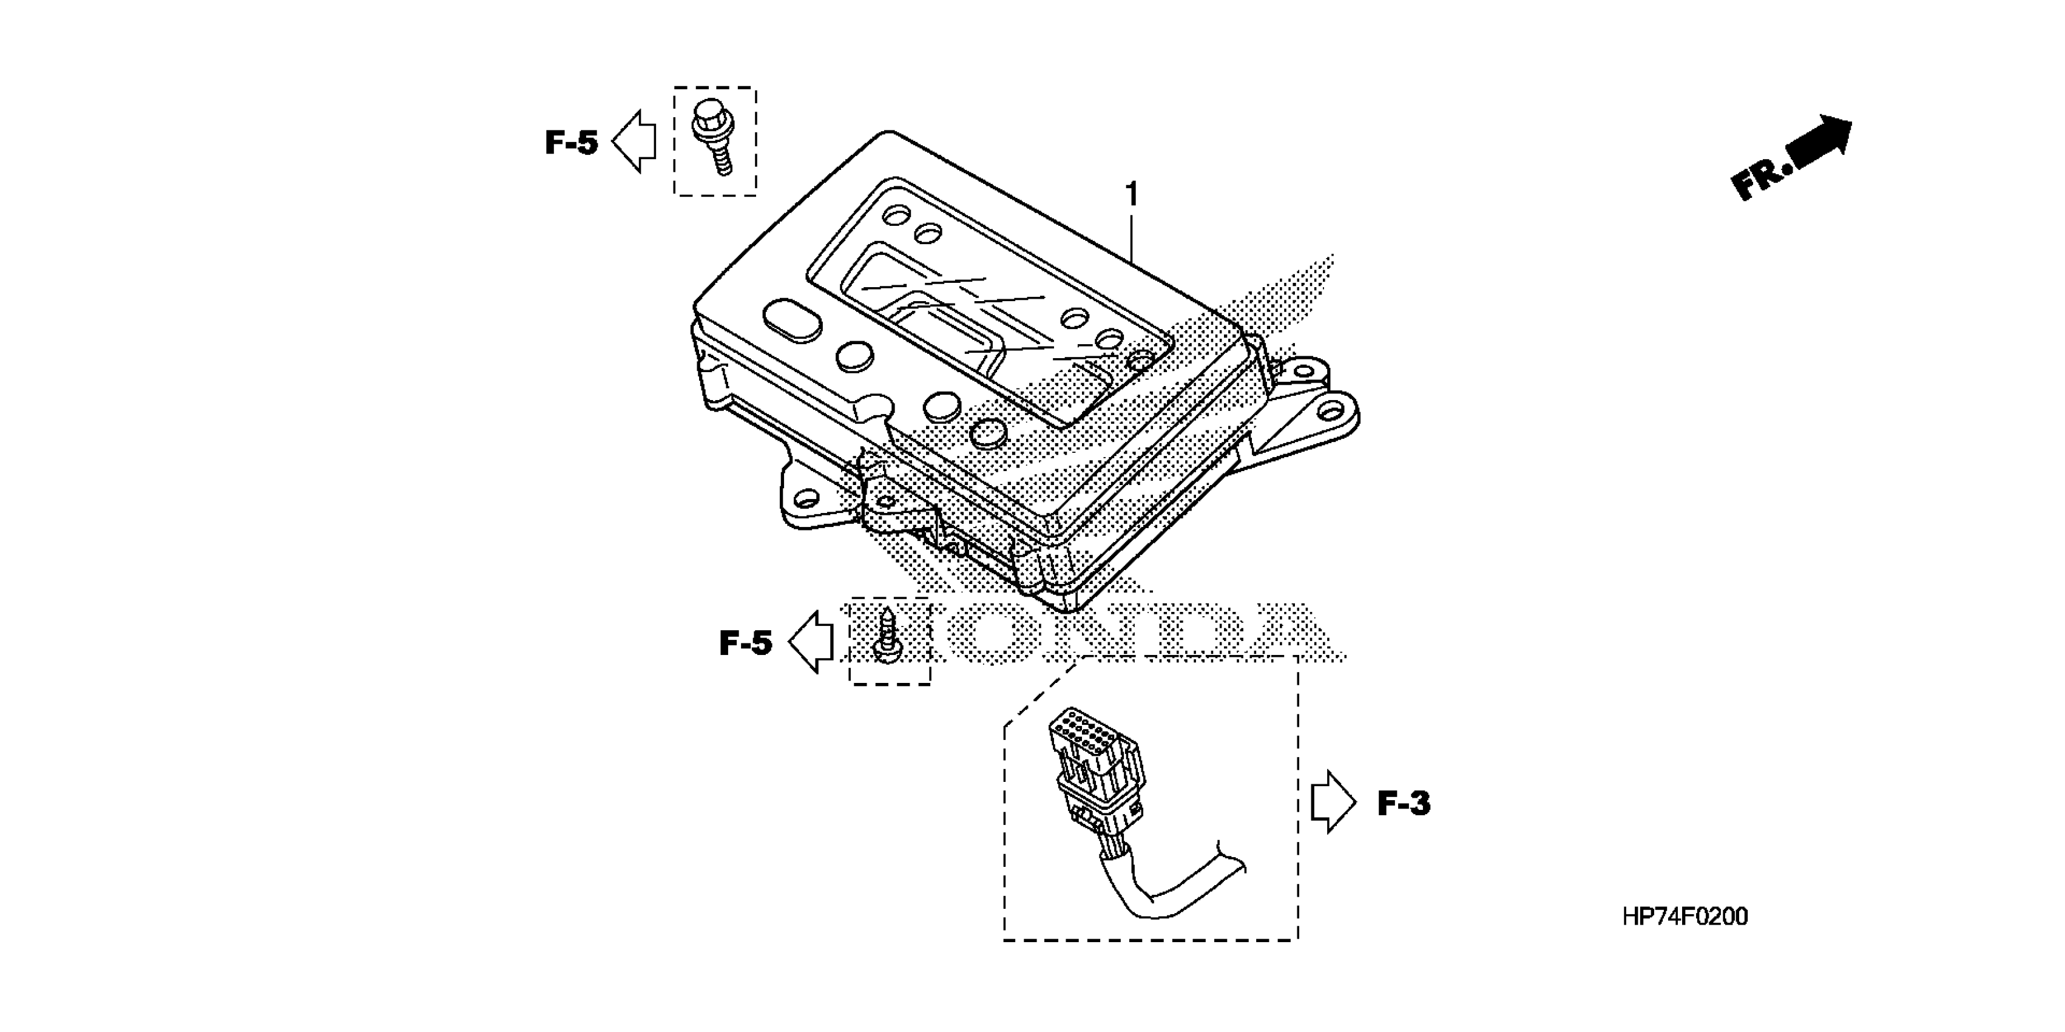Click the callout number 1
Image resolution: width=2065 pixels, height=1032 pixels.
(x=1131, y=194)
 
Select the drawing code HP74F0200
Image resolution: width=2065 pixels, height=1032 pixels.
(x=1685, y=917)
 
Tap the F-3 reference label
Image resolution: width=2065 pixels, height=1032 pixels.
(x=1404, y=804)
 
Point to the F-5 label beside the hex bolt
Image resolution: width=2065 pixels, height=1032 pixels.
(x=571, y=143)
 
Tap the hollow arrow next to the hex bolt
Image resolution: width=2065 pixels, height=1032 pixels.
(x=635, y=142)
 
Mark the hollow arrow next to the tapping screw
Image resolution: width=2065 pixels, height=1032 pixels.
(x=811, y=642)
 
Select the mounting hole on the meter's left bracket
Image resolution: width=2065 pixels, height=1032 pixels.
(x=806, y=502)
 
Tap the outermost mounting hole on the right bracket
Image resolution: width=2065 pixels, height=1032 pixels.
(x=1331, y=410)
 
